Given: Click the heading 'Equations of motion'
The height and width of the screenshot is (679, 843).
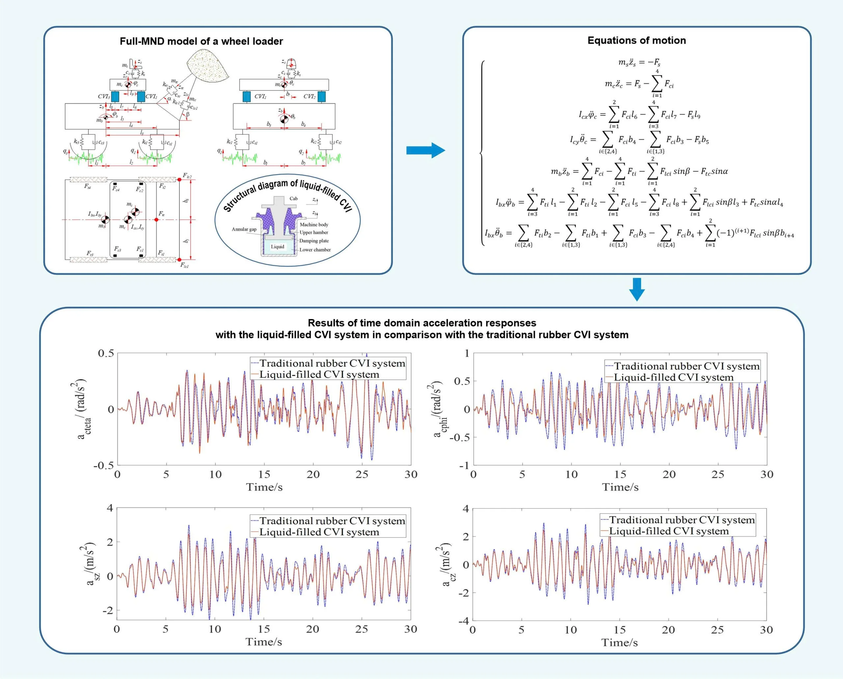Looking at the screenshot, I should click(636, 40).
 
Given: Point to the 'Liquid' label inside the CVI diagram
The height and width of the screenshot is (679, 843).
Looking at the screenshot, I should click(277, 247).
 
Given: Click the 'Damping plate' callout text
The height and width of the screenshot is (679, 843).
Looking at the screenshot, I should click(313, 241).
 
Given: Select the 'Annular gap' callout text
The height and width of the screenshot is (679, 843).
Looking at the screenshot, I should click(244, 229).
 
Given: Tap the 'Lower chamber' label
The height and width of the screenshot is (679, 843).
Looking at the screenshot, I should click(315, 250).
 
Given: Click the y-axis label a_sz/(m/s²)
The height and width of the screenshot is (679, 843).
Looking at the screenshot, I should click(90, 564).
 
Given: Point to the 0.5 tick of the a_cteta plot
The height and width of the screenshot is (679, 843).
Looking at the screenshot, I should click(106, 353).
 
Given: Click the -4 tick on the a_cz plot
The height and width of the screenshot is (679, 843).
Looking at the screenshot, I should click(463, 621).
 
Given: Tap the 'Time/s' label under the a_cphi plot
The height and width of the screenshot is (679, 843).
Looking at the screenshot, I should click(620, 487).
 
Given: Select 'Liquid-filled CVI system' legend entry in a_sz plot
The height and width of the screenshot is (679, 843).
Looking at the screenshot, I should click(319, 532).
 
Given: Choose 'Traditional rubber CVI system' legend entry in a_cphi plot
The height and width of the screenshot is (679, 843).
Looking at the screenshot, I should click(686, 366).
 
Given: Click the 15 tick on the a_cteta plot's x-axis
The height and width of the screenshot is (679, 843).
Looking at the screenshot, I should click(264, 474).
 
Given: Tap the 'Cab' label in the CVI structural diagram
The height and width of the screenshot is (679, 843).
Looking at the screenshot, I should click(293, 198).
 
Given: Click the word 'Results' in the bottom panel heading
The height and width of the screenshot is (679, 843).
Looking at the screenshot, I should click(324, 323).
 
